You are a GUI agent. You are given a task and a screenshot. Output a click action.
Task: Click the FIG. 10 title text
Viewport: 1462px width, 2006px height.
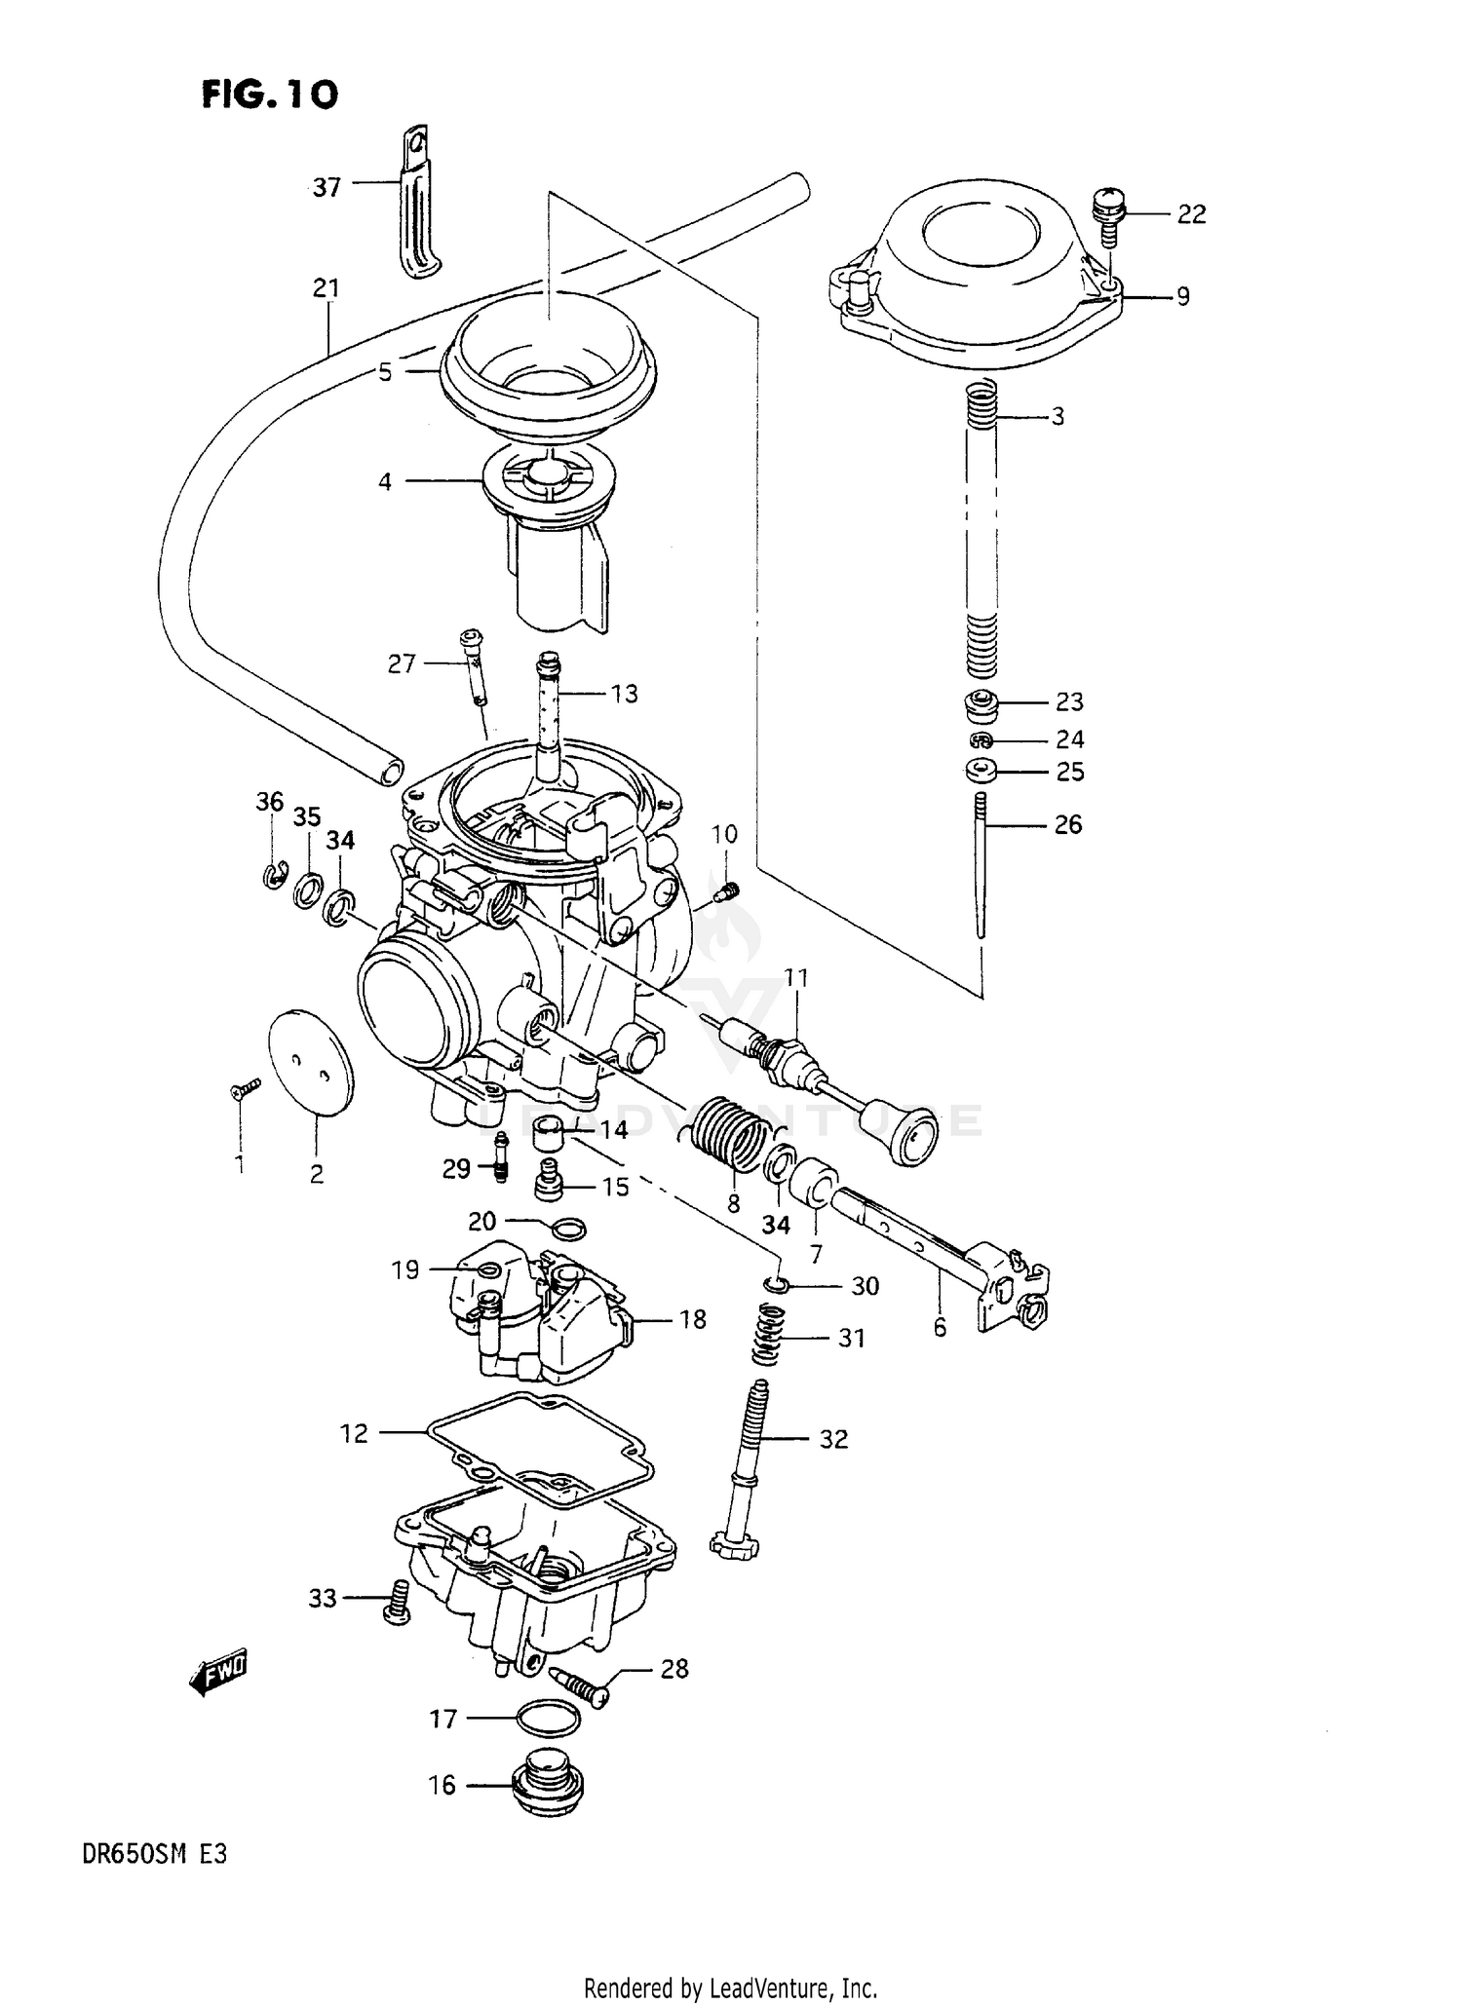(x=269, y=95)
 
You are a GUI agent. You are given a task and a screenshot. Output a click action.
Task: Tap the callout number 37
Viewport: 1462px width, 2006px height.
(x=327, y=186)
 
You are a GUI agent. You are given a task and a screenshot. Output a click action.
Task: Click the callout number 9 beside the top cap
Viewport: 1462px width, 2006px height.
(x=1182, y=296)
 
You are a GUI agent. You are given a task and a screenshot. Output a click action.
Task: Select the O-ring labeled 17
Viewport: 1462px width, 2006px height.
(x=547, y=1720)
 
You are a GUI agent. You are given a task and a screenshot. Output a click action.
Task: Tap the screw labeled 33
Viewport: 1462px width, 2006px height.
(x=397, y=1602)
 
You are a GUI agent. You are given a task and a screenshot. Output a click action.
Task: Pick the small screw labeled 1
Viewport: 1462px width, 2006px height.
(x=245, y=1089)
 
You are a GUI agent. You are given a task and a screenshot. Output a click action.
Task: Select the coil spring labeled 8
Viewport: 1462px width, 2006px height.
(x=732, y=1133)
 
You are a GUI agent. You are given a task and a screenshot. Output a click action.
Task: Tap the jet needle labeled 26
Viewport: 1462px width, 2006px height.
(x=981, y=866)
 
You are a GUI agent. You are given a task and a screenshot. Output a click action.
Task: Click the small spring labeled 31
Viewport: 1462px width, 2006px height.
(x=771, y=1337)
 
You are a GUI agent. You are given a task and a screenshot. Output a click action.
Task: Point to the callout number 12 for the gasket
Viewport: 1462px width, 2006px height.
(x=354, y=1433)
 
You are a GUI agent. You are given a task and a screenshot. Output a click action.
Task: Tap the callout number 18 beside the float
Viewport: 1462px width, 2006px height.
(x=692, y=1320)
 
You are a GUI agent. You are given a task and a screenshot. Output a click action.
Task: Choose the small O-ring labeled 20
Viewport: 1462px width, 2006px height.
(x=569, y=1229)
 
